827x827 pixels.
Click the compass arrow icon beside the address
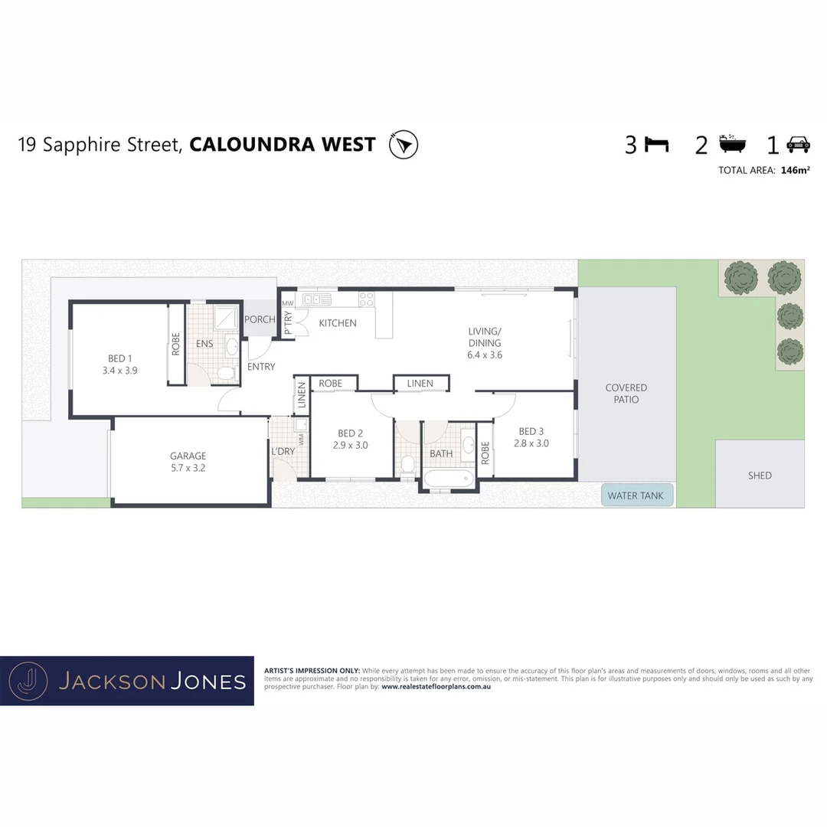tap(404, 145)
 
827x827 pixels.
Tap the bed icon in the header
tap(656, 144)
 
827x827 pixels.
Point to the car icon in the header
tap(799, 144)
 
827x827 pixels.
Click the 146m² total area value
tap(796, 170)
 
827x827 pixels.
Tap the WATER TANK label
tap(636, 495)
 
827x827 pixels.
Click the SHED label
tap(760, 476)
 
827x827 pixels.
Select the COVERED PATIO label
tap(626, 394)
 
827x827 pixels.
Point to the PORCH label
tap(260, 319)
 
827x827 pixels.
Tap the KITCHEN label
tap(338, 323)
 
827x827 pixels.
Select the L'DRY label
tap(283, 451)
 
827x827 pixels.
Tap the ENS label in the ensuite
tap(204, 344)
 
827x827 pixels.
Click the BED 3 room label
tap(531, 431)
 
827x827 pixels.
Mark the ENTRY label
tap(261, 367)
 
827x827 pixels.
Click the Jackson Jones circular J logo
tap(28, 681)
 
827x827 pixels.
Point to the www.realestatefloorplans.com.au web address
tap(436, 687)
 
